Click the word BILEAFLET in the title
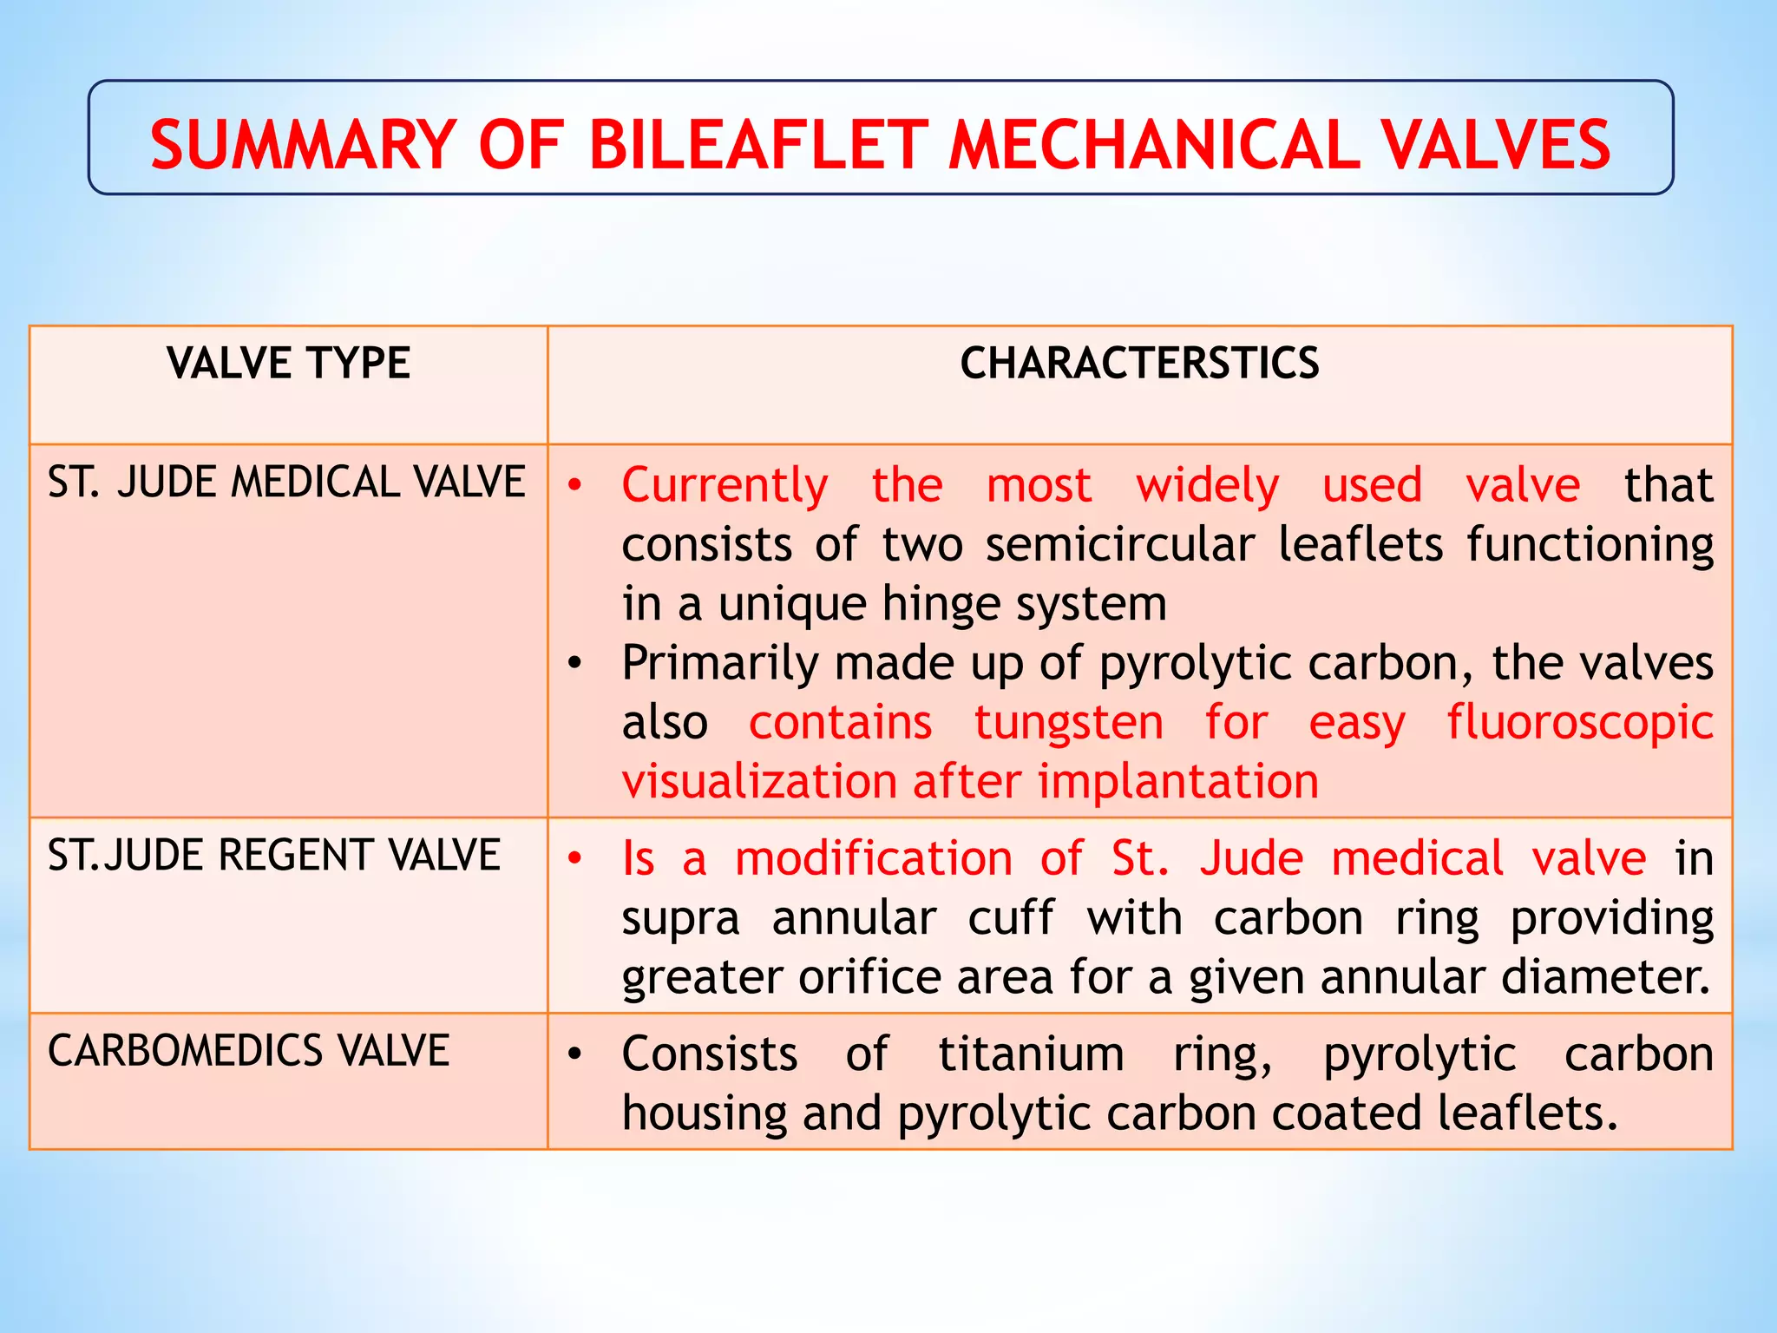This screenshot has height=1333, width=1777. [x=758, y=144]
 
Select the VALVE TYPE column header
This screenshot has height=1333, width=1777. [x=288, y=363]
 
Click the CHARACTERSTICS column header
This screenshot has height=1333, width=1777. [x=1139, y=363]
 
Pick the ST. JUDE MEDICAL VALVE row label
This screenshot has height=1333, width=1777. [x=286, y=482]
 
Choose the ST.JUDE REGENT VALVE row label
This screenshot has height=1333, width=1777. [x=273, y=855]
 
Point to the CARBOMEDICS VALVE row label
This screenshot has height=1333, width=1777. [x=248, y=1050]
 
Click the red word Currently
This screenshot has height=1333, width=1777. [x=725, y=485]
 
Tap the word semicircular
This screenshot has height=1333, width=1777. [x=1119, y=545]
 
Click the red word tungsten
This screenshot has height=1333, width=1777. [x=1068, y=723]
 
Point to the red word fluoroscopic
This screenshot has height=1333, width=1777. [x=1579, y=723]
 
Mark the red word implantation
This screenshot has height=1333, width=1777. [x=1177, y=781]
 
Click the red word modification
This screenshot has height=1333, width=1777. [x=873, y=858]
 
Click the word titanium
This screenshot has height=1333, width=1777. [x=1031, y=1054]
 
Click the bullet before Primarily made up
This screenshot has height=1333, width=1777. [x=574, y=664]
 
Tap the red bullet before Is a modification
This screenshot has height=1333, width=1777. [x=574, y=858]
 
